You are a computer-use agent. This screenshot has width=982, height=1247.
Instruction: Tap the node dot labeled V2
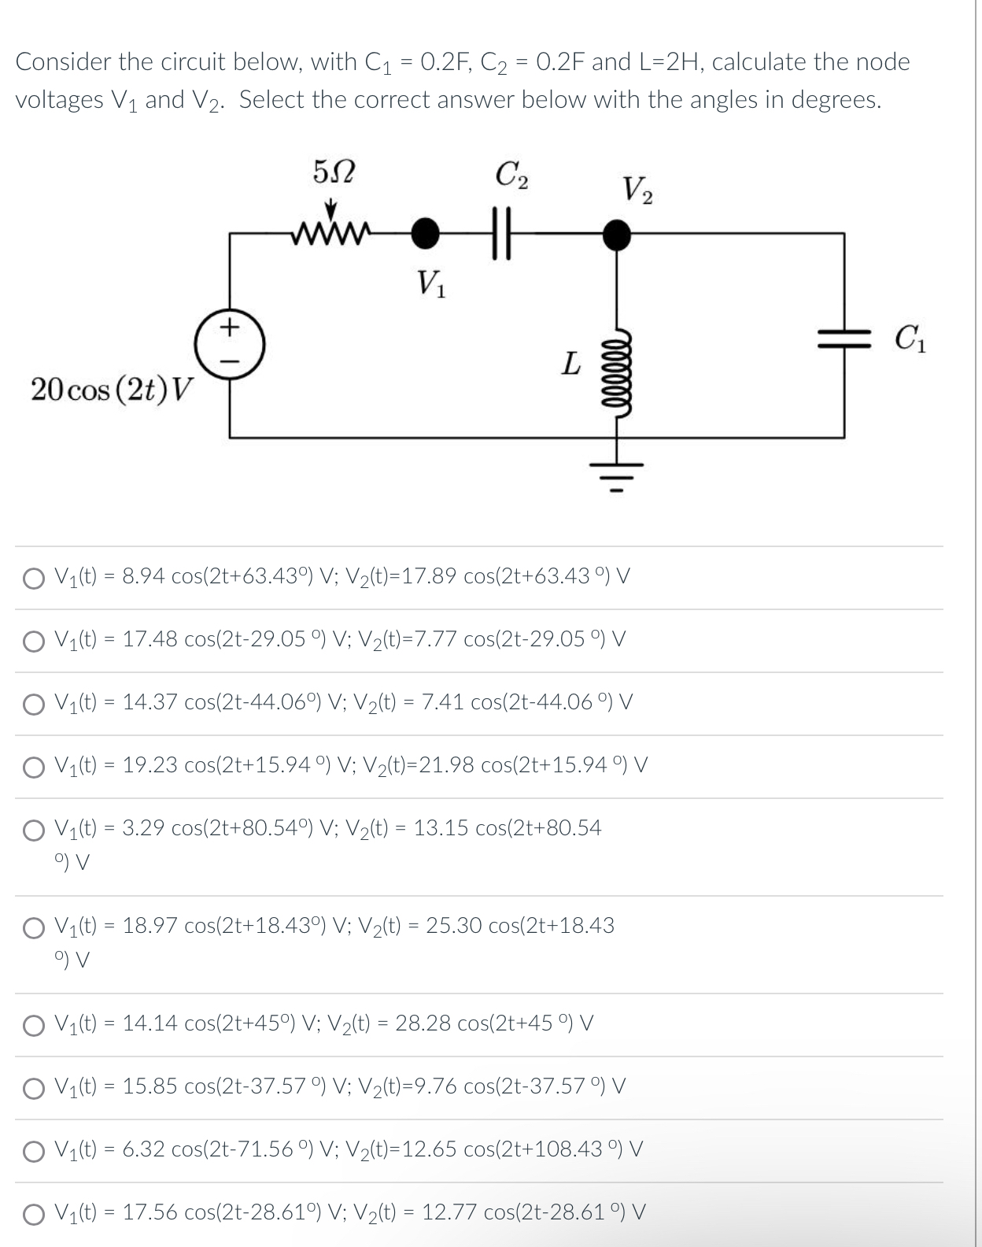[x=616, y=233]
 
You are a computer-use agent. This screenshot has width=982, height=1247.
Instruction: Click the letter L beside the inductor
[x=571, y=364]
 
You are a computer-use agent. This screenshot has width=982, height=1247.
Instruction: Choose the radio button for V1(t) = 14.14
[x=34, y=1025]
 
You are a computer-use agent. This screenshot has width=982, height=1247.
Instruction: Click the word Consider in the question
[x=64, y=61]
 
